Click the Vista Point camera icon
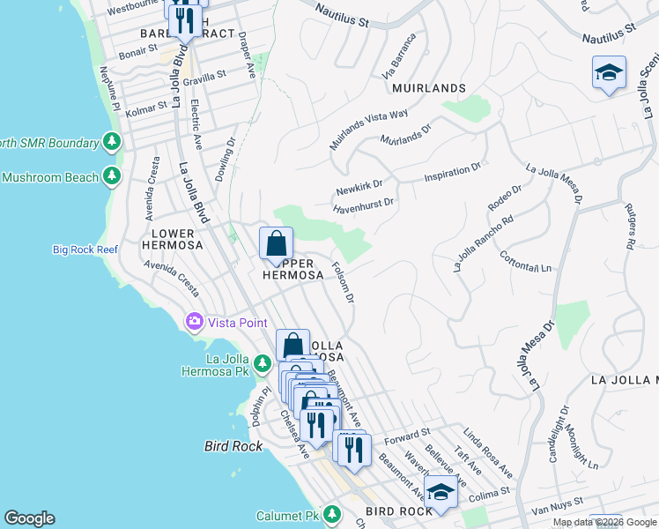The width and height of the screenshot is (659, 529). [x=193, y=322]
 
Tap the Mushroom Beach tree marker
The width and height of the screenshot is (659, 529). [x=112, y=177]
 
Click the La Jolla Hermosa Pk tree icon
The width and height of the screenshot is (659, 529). [x=262, y=363]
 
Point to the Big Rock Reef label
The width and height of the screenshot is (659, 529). [x=85, y=250]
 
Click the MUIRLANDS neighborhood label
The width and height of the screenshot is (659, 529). [x=428, y=88]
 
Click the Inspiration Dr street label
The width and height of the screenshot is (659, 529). [x=453, y=172]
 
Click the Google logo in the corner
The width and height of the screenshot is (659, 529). [x=29, y=518]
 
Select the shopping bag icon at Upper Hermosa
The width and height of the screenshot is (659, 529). [x=277, y=242]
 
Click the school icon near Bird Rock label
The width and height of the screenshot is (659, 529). [x=441, y=492]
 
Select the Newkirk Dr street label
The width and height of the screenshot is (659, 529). [x=359, y=187]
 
